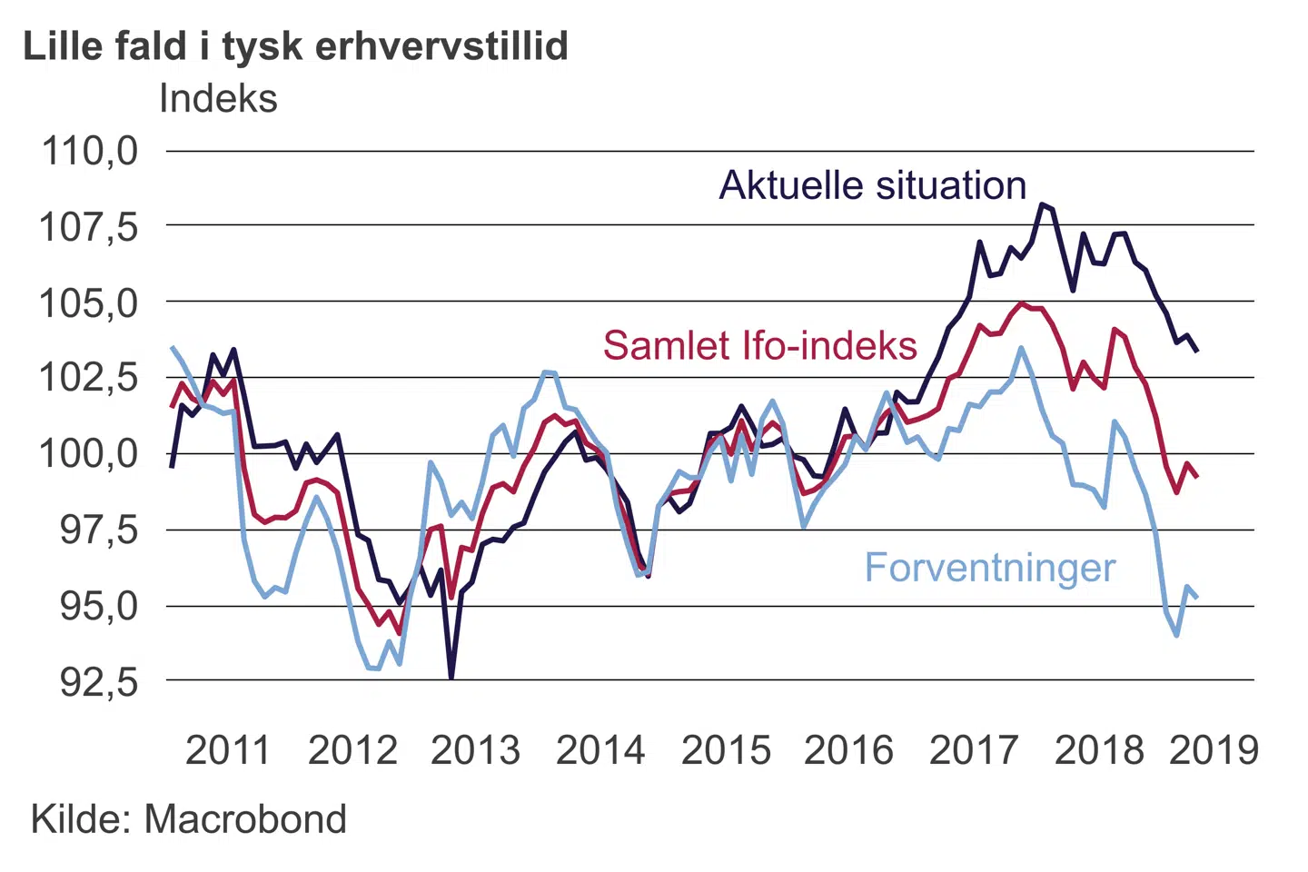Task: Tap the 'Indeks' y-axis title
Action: tap(218, 98)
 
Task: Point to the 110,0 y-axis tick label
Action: tap(90, 151)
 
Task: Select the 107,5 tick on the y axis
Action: tap(89, 226)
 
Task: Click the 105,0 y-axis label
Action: tap(89, 302)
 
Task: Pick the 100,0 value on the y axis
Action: tap(89, 453)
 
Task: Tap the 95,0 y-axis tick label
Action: tap(99, 606)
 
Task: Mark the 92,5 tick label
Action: tap(99, 682)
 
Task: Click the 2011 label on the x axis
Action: tap(228, 750)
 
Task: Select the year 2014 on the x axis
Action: tap(600, 750)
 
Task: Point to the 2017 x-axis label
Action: tap(974, 750)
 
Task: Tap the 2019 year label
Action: tap(1214, 750)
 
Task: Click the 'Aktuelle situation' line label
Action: tap(873, 185)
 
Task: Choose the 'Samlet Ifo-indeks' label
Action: tap(760, 346)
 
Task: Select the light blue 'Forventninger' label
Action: tap(989, 568)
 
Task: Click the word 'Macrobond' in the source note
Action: tap(245, 819)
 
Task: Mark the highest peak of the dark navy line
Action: tap(1042, 204)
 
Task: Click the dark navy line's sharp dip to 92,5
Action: tap(451, 676)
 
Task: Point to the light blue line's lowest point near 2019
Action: tap(1176, 635)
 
